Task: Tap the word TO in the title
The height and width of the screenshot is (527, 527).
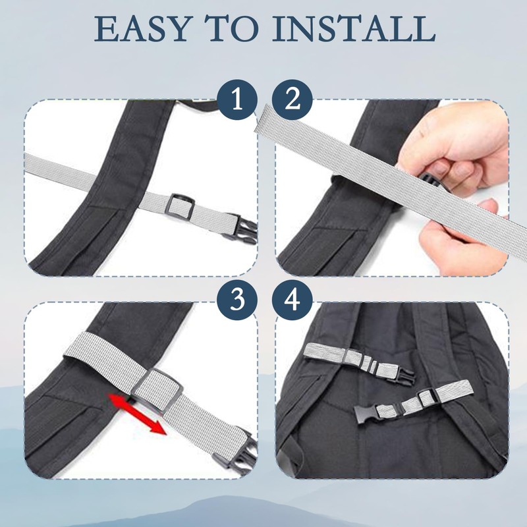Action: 242,29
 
